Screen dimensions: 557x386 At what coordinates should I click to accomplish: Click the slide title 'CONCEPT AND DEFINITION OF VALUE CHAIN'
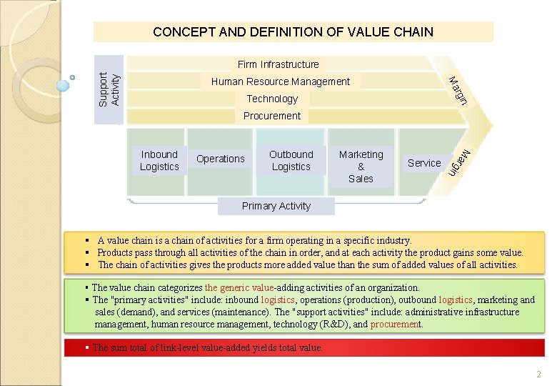click(x=293, y=31)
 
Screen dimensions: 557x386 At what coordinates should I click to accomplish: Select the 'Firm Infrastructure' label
click(x=278, y=64)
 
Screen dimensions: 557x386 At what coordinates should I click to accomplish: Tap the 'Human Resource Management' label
click(x=280, y=81)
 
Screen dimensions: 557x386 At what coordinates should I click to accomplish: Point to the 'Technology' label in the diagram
click(x=272, y=99)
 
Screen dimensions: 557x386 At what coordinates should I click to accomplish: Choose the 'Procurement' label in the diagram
click(x=272, y=116)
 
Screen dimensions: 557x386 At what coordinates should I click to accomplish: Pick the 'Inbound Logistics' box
click(x=159, y=160)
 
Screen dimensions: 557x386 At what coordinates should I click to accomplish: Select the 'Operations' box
click(x=221, y=159)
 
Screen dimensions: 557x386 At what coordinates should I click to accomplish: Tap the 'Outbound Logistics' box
click(x=291, y=160)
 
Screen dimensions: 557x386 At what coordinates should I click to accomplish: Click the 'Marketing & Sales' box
click(x=361, y=166)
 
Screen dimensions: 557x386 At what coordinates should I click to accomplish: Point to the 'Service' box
click(x=424, y=163)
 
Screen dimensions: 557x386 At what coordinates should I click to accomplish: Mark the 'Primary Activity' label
click(x=276, y=206)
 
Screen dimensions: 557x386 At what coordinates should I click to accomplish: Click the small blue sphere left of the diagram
click(x=64, y=86)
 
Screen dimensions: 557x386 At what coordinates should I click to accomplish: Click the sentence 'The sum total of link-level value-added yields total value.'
click(x=207, y=348)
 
